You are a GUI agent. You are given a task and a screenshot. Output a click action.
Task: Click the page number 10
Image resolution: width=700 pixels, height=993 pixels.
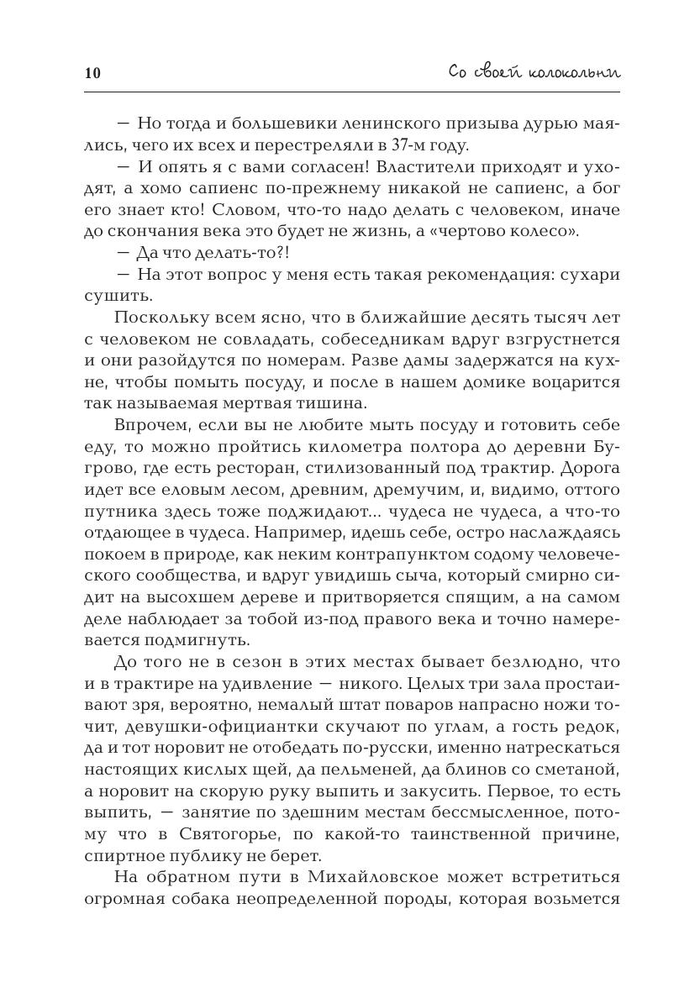tap(92, 73)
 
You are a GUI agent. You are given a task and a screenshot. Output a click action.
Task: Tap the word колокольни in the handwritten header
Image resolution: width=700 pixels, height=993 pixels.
tap(574, 72)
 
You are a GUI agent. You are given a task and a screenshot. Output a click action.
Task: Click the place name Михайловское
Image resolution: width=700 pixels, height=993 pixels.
tap(365, 877)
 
